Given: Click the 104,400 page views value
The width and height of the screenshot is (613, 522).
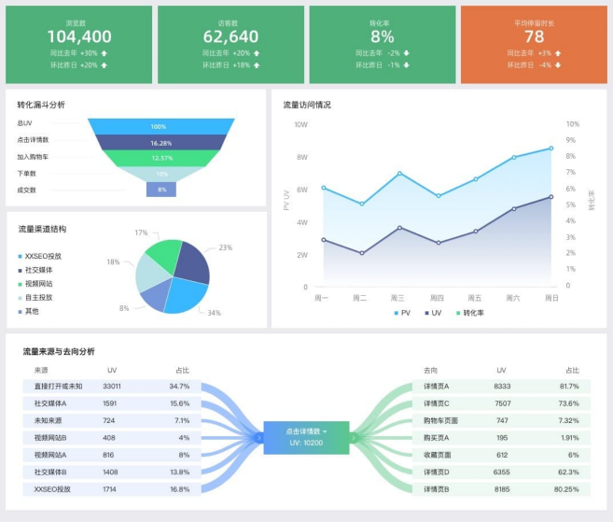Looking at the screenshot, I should (x=78, y=36).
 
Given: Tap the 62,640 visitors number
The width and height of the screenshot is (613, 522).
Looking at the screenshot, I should (x=230, y=36).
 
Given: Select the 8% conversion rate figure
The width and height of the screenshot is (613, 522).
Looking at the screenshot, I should (x=383, y=36).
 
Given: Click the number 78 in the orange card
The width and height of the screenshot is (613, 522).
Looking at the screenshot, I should (x=534, y=36).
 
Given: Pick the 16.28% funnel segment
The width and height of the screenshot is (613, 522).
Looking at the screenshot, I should (x=160, y=143).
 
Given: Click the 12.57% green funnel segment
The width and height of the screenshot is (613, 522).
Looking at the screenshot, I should (x=160, y=158).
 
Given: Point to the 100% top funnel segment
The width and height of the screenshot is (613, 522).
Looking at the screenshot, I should (x=159, y=126).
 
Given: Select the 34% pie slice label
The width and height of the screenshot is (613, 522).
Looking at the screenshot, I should (x=214, y=313).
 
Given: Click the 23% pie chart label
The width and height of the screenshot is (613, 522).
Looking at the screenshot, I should (x=226, y=247).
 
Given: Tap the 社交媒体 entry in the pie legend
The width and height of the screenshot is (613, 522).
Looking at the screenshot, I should (x=38, y=270).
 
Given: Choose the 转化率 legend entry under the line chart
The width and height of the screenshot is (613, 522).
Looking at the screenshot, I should (x=473, y=313).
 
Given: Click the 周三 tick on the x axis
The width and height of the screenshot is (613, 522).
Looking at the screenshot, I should (x=397, y=298).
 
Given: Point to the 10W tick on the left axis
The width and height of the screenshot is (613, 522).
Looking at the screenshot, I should (x=300, y=124).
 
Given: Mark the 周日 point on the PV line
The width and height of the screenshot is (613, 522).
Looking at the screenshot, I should (x=550, y=148).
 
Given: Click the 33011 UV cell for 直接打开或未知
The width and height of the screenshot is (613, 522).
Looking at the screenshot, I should (x=112, y=386).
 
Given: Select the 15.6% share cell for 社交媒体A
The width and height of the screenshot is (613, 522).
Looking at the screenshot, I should (x=179, y=403).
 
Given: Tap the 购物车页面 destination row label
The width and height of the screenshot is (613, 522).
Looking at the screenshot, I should (x=441, y=420).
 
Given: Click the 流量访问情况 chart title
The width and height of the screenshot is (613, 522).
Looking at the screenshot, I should (x=307, y=105).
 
